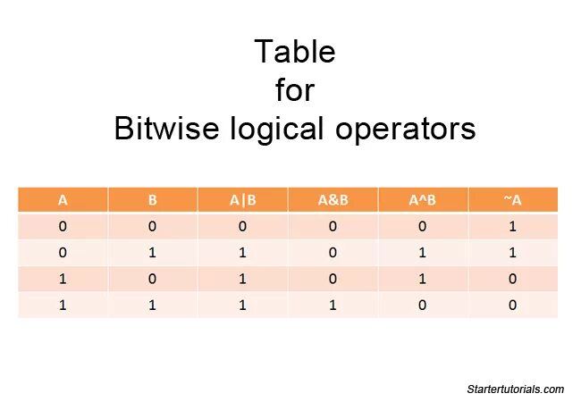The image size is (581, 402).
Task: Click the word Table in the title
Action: point(294,52)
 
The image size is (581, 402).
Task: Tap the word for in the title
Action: point(294,90)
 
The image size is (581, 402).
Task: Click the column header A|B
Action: point(242,200)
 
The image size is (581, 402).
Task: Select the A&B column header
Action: point(333,200)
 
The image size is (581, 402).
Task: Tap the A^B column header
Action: point(423,200)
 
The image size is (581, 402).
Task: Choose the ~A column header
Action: point(512,200)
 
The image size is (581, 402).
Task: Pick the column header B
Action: point(153,200)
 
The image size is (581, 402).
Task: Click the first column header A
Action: point(63,200)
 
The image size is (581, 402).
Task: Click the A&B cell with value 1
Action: point(333,305)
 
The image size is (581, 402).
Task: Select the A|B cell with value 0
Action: point(242,227)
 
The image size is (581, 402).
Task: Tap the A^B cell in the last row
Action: point(423,305)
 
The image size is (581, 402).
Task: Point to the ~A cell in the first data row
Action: point(512,227)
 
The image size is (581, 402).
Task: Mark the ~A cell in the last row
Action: point(512,305)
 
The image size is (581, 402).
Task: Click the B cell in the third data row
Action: point(153,279)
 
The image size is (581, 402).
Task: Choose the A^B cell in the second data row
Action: point(423,253)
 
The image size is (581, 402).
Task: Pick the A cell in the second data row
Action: point(63,253)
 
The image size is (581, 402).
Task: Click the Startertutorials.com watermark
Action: point(515,389)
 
